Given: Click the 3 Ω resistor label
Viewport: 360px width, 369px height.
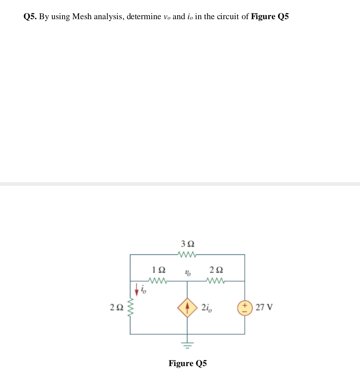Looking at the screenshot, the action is pos(188,244).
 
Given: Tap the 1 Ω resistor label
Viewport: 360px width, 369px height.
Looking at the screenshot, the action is pos(159,270).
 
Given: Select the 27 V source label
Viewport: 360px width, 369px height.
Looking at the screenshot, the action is pos(264,307).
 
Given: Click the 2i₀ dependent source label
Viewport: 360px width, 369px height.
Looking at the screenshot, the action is pos(207,308).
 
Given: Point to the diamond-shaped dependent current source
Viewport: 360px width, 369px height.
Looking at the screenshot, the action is pos(187,308).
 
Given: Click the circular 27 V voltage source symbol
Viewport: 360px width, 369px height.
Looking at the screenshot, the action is pos(245,308).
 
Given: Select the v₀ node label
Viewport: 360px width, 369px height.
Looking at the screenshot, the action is pos(188,273).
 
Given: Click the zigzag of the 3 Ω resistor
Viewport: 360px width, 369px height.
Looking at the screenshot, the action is pos(187,255).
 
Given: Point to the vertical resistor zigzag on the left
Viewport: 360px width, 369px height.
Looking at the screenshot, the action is pos(130,307).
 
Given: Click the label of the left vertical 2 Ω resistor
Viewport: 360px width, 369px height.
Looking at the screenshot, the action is pos(117,307).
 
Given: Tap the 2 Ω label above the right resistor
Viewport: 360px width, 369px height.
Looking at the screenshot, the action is pos(216,270).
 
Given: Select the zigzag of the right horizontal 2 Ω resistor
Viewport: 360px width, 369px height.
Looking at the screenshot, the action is pos(216,281).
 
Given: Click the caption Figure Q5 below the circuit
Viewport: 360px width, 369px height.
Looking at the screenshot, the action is pos(188,363).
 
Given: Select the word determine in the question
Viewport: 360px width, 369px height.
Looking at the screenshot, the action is pos(144,17).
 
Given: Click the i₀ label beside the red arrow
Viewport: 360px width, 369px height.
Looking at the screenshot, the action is pos(143,289).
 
